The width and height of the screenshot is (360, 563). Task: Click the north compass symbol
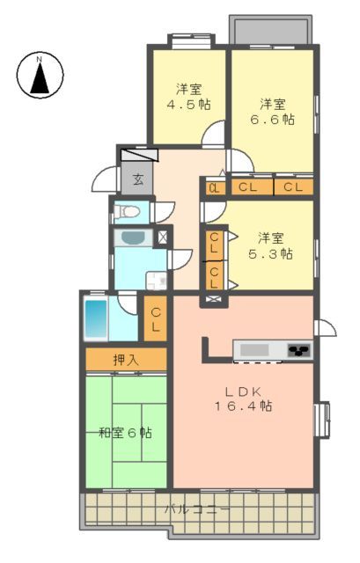click(40, 75)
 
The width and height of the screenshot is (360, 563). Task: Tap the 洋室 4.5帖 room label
click(189, 96)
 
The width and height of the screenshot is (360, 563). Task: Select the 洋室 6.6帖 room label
click(272, 112)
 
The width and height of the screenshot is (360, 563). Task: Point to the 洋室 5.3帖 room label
click(270, 245)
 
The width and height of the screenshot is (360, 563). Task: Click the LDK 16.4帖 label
click(243, 398)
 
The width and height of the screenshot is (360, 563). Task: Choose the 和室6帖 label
click(125, 433)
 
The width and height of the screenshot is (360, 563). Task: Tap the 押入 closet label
click(126, 359)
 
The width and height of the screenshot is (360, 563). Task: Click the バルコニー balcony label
click(197, 508)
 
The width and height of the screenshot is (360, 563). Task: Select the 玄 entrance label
click(138, 179)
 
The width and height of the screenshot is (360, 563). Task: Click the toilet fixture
click(127, 212)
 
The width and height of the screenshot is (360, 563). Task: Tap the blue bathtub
click(96, 318)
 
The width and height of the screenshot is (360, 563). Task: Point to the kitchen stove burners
click(299, 349)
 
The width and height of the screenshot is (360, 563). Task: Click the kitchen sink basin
click(254, 350)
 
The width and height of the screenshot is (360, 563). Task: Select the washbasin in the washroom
click(133, 238)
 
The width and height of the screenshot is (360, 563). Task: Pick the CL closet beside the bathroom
click(156, 318)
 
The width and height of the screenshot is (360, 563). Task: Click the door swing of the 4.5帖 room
click(213, 134)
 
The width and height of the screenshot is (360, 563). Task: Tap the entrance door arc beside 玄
click(105, 179)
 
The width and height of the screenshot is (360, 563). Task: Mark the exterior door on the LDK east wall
click(325, 327)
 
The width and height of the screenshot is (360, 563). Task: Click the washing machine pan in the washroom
click(157, 281)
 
